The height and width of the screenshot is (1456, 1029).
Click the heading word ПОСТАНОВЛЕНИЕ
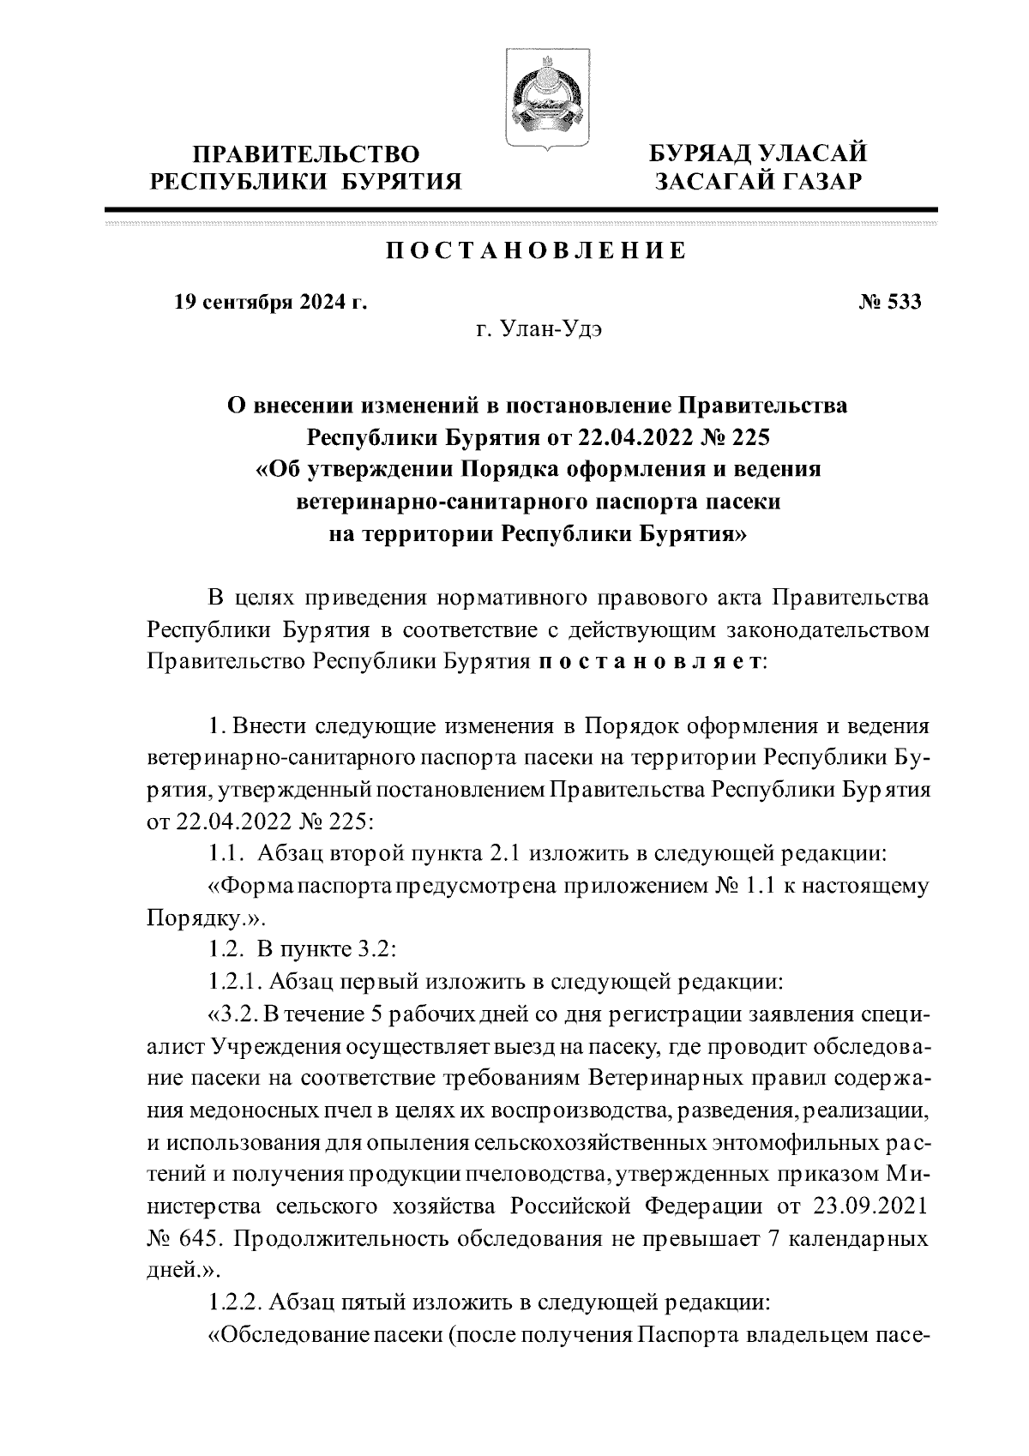click(533, 250)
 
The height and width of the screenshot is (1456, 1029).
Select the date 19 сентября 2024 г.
click(271, 302)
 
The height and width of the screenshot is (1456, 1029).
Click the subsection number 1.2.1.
click(235, 980)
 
